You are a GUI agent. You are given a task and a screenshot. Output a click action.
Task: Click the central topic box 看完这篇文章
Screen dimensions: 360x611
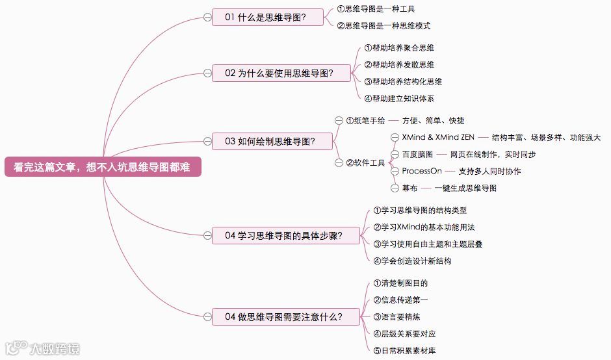[102, 167]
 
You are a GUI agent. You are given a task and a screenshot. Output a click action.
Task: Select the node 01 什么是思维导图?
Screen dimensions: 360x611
[267, 18]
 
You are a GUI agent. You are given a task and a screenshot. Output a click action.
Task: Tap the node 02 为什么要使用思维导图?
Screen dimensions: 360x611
[281, 73]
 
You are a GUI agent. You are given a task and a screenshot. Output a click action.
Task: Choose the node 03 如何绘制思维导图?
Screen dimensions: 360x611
[272, 141]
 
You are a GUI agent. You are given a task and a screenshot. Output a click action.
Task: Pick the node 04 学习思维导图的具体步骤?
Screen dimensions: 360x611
[285, 235]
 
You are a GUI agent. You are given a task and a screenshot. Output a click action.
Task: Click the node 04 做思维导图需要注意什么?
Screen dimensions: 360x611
[285, 317]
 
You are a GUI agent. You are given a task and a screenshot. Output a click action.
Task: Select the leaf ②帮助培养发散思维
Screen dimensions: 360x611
[399, 64]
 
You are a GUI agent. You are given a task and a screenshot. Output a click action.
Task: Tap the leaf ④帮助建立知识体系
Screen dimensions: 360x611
[399, 99]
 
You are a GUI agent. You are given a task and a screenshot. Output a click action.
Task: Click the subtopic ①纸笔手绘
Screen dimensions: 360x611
[365, 121]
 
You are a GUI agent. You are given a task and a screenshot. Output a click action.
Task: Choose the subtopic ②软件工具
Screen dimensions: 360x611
[365, 162]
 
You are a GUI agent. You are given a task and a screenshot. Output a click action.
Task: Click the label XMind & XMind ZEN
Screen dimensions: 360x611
[438, 138]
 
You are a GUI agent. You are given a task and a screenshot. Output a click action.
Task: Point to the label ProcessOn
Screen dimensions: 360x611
[422, 171]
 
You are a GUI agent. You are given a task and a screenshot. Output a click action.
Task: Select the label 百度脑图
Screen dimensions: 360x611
[417, 155]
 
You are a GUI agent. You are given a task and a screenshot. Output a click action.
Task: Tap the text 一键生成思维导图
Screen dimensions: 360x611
[467, 188]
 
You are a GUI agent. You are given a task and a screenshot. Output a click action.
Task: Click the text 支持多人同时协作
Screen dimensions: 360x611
[489, 172]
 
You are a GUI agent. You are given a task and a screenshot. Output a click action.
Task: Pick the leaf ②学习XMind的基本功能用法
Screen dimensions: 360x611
[424, 227]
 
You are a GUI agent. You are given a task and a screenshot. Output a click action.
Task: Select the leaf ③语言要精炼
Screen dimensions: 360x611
[396, 317]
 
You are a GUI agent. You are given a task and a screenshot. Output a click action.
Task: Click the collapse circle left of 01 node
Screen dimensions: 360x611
[207, 18]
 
